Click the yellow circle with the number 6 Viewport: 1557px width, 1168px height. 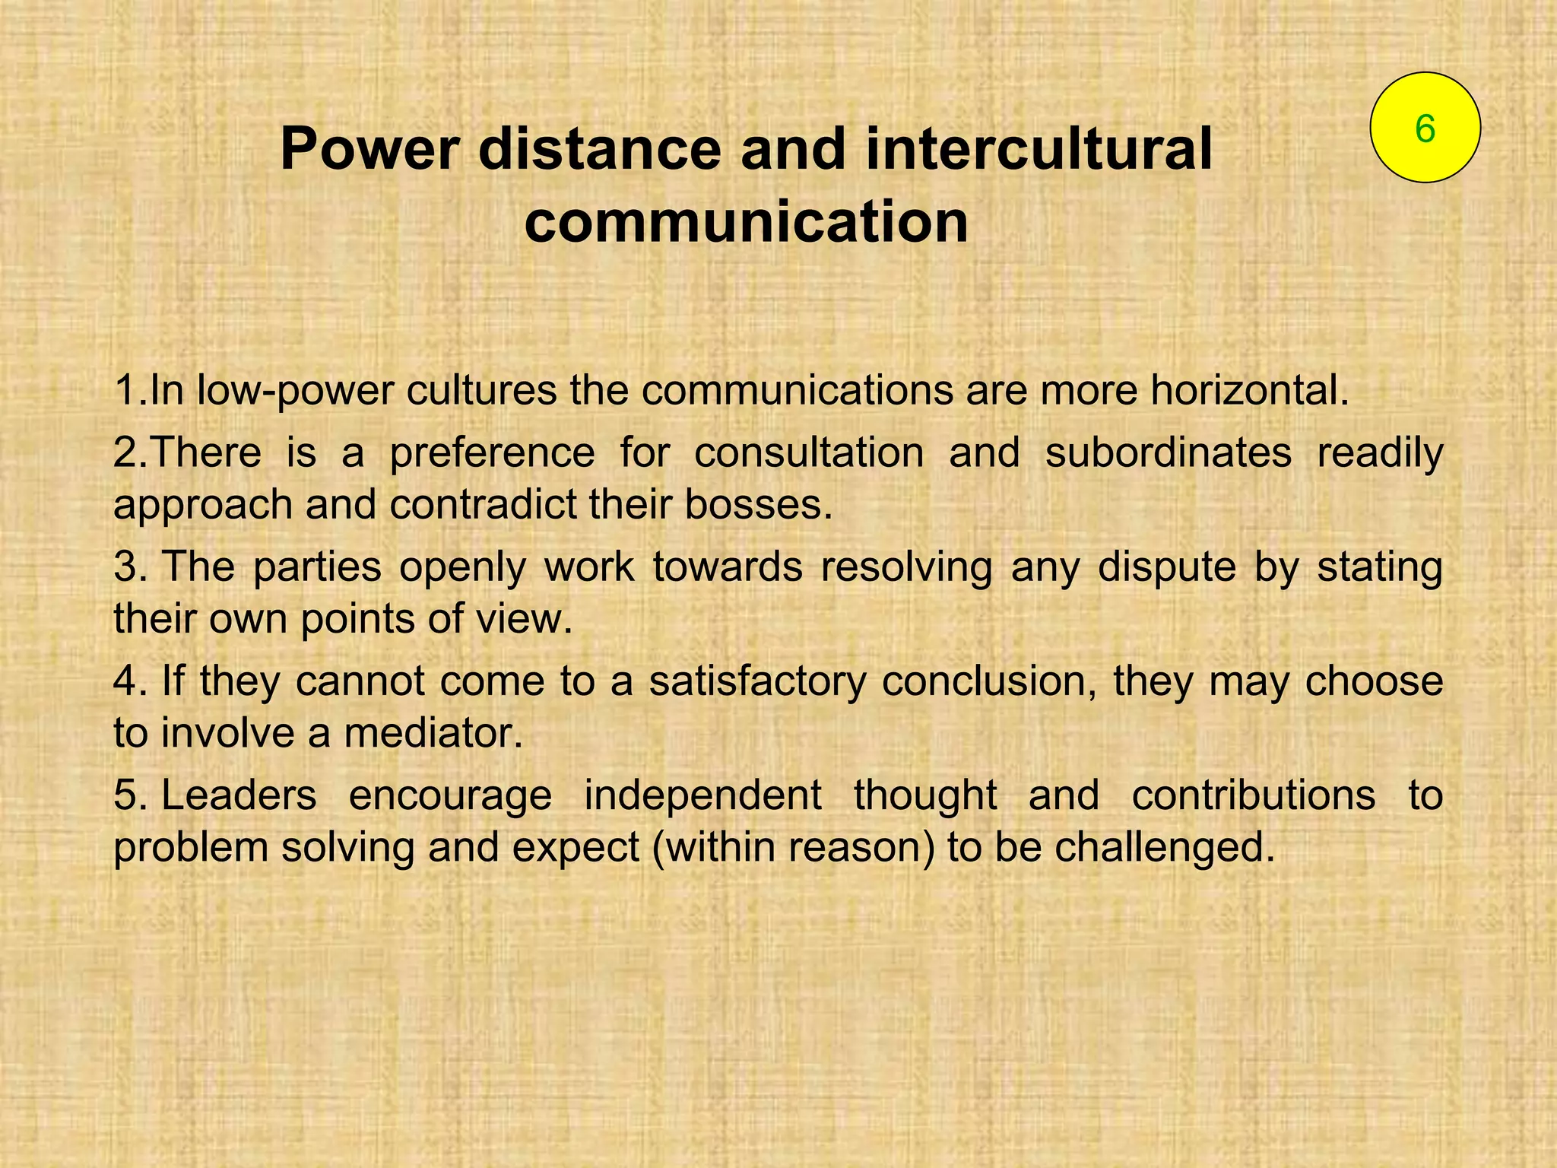click(x=1425, y=128)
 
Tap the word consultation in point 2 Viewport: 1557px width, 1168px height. click(x=809, y=452)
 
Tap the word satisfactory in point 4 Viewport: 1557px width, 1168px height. click(x=758, y=681)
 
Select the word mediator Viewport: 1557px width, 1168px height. click(x=433, y=733)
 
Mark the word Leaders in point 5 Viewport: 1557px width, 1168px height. click(x=239, y=795)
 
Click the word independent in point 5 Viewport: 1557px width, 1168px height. click(x=702, y=796)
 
